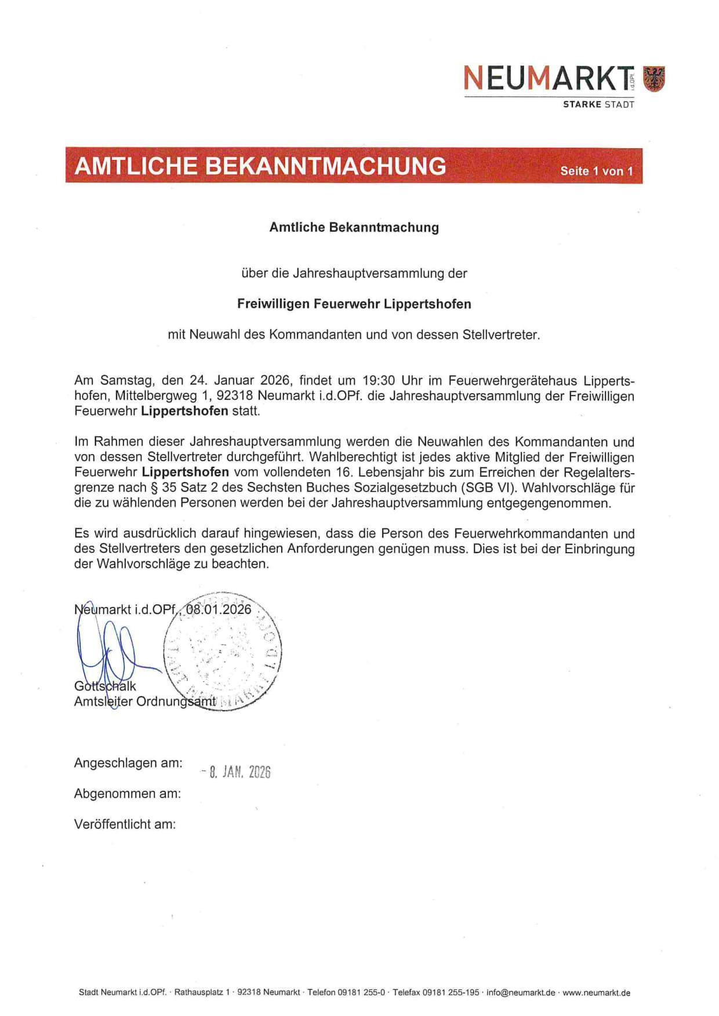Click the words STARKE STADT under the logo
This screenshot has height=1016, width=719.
[598, 105]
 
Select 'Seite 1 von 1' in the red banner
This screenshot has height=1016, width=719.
[596, 171]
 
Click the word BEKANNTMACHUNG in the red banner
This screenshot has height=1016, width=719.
[326, 166]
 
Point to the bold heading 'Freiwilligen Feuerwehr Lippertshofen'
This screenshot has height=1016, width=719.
[354, 304]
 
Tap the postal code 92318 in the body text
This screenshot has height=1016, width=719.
[235, 396]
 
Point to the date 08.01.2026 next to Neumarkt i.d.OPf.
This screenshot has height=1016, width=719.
[219, 609]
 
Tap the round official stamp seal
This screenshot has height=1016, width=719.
[223, 652]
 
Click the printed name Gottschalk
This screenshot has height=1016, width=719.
[105, 686]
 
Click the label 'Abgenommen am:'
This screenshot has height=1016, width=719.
[128, 794]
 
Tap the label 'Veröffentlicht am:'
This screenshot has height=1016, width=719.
[125, 824]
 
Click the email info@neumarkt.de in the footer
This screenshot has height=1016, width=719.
[520, 993]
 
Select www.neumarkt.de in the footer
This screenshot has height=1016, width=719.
[596, 993]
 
